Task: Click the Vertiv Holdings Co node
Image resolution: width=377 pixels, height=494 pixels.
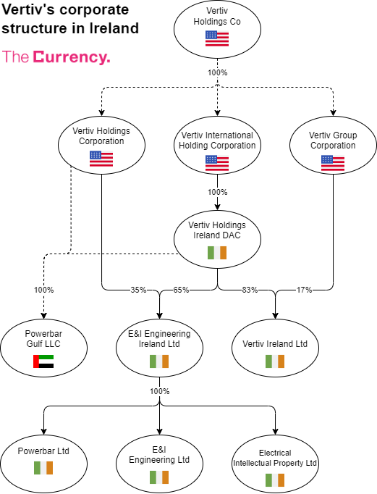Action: click(217, 30)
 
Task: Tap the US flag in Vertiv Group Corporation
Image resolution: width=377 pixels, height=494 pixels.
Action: click(332, 163)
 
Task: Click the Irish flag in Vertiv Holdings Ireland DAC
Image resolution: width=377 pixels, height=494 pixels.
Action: click(217, 253)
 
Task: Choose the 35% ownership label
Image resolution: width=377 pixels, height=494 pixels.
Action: click(137, 290)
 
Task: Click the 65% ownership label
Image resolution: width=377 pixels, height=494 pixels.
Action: click(181, 290)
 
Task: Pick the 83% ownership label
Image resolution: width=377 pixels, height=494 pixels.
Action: click(250, 290)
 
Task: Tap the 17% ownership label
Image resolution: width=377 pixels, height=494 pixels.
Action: click(304, 290)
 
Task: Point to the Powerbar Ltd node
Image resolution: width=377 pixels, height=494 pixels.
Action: click(43, 456)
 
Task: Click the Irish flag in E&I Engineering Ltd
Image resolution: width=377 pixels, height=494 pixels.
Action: click(159, 477)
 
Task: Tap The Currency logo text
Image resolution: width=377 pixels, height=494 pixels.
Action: click(56, 57)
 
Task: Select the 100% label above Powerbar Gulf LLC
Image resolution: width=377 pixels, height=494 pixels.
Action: click(43, 290)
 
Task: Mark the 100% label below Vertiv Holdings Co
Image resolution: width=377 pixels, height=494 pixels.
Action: click(217, 72)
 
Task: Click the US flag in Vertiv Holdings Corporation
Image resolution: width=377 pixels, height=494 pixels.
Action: click(101, 159)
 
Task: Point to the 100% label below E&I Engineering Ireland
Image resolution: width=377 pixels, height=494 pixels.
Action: click(159, 391)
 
